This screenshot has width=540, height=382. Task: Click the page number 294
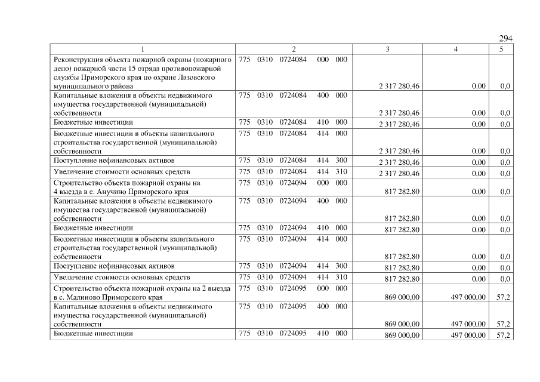pos(505,39)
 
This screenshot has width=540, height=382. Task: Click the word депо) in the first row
pos(64,69)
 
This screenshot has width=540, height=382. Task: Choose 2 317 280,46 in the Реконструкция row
pos(399,87)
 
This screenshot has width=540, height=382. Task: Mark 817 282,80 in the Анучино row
pos(403,192)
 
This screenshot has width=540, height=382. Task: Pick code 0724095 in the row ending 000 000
pos(293,288)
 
